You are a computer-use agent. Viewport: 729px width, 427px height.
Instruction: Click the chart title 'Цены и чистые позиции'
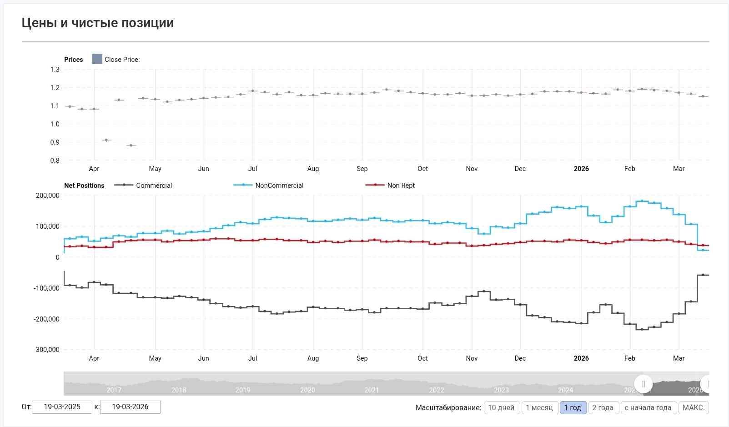(98, 23)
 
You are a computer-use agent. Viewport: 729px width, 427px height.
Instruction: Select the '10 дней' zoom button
(501, 407)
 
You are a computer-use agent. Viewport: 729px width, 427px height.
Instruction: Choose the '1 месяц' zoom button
(539, 407)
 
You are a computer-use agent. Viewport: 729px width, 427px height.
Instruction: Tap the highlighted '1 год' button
(573, 407)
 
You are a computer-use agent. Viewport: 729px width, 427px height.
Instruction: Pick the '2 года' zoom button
(603, 407)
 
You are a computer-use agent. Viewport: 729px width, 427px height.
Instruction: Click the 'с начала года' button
(648, 407)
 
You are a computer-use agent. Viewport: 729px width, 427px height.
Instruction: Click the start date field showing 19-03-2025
(62, 407)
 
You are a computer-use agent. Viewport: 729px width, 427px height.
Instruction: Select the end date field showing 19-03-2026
(130, 407)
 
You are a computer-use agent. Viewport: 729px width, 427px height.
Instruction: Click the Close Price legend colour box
(97, 59)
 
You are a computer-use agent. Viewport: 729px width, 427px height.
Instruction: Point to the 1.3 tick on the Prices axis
(55, 70)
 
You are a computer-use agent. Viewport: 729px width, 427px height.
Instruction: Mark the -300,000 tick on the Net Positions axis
(46, 350)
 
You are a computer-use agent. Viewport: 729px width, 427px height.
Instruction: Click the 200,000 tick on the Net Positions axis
(47, 196)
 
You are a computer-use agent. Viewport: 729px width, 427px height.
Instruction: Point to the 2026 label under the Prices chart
(581, 169)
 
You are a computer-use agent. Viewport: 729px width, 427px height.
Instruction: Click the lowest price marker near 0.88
(131, 146)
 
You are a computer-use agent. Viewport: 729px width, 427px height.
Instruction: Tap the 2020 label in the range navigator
(307, 390)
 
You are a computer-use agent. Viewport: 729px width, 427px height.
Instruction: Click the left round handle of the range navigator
(643, 384)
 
